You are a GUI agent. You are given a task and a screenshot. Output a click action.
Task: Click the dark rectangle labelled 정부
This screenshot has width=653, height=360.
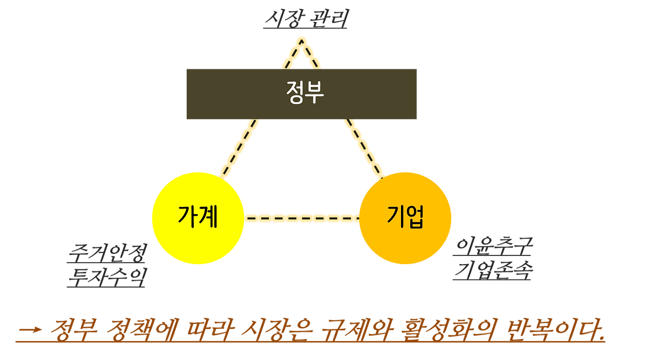301,94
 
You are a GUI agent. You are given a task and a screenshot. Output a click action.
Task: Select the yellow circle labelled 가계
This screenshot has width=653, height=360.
198,218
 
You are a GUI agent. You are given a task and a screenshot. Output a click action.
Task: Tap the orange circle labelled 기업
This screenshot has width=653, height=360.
405,218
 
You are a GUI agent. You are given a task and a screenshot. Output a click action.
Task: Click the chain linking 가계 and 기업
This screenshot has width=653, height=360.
302,218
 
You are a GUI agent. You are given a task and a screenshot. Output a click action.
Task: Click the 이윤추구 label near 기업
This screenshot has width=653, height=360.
493,247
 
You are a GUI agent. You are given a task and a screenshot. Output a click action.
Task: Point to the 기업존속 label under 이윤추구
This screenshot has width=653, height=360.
493,270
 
